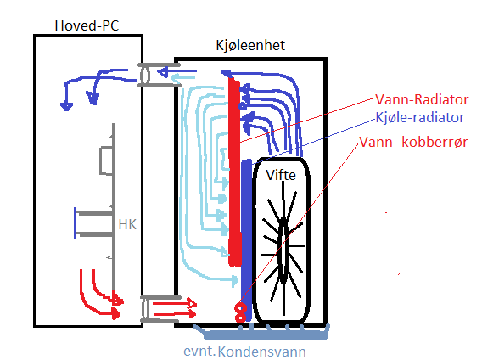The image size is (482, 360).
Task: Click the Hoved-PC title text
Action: (x=87, y=25)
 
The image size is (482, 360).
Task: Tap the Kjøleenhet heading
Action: (x=250, y=46)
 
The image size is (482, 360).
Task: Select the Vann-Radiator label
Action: (x=422, y=99)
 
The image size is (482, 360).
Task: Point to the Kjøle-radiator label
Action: (x=420, y=117)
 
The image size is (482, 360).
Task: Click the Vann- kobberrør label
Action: (x=413, y=142)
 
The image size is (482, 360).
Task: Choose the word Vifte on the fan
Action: (x=281, y=175)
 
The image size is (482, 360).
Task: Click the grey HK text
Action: (x=127, y=225)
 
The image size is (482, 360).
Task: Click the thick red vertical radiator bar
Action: (x=234, y=172)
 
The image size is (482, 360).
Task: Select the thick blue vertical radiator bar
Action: (x=247, y=240)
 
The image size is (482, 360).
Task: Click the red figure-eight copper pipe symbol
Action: (x=240, y=312)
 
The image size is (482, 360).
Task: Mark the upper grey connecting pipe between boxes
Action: (x=159, y=75)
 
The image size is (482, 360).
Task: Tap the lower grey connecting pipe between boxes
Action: (x=160, y=309)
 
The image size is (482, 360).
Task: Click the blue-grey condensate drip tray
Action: (x=261, y=333)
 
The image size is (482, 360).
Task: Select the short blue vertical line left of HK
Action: (x=75, y=222)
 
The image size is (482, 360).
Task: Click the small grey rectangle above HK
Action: (x=106, y=161)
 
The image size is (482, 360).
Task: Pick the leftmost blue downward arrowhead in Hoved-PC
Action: (x=66, y=106)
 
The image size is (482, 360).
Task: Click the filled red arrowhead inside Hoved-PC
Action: (x=116, y=314)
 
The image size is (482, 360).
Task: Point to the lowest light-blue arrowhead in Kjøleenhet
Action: (x=234, y=280)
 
